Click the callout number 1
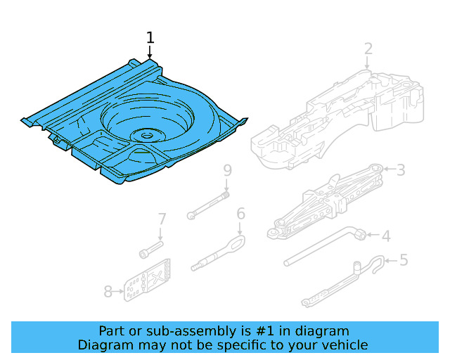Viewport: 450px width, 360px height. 150,37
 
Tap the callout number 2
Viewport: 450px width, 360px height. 368,49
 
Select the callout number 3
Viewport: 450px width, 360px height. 401,169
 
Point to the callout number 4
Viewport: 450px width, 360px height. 385,236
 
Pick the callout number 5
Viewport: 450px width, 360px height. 403,260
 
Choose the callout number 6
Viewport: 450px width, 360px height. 240,213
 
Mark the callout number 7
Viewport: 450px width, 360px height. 161,219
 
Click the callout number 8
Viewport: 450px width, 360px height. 108,290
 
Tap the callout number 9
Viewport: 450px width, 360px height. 226,170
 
